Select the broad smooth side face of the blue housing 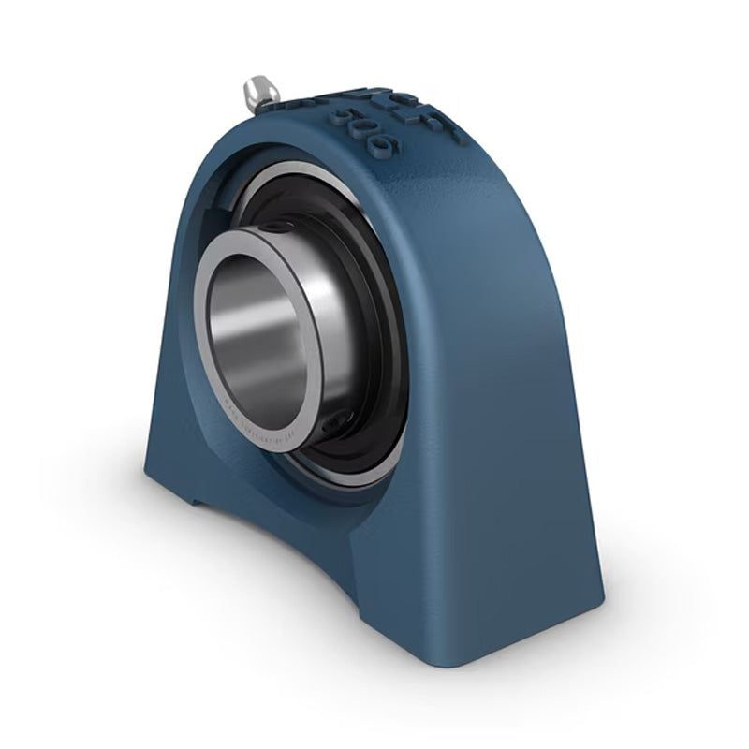[496, 374]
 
